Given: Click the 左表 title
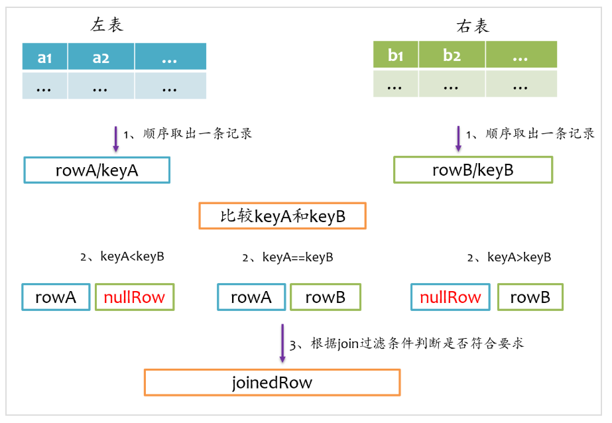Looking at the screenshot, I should (x=107, y=26).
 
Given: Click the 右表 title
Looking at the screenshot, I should (x=473, y=26).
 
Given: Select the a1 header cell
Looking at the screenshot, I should (x=45, y=58).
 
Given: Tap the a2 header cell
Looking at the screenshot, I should (x=101, y=58).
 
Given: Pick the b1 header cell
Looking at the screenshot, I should (x=396, y=56).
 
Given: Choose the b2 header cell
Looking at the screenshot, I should (x=452, y=56).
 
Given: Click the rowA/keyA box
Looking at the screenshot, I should (x=97, y=170).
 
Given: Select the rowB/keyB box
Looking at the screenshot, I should (x=473, y=170).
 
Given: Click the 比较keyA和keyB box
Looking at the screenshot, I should (x=282, y=216).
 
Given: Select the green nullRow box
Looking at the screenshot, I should (x=135, y=298).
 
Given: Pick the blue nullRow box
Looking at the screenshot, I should (x=451, y=298).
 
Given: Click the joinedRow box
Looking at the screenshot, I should (x=272, y=383).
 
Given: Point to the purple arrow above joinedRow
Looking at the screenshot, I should (x=282, y=343).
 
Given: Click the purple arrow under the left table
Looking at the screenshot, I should (x=115, y=138).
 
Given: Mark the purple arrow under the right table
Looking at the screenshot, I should (x=458, y=138).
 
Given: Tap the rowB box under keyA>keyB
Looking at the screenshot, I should (x=530, y=298).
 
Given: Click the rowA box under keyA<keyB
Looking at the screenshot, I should (x=56, y=298).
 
